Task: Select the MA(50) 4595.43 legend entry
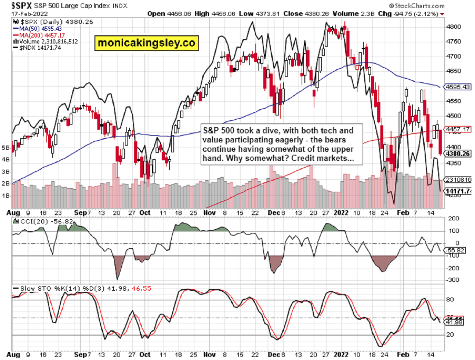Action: point(36,28)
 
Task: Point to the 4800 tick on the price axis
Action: point(452,27)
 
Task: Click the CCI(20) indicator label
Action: point(30,221)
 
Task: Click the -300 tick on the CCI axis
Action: point(452,280)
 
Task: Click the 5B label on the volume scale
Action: point(6,147)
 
